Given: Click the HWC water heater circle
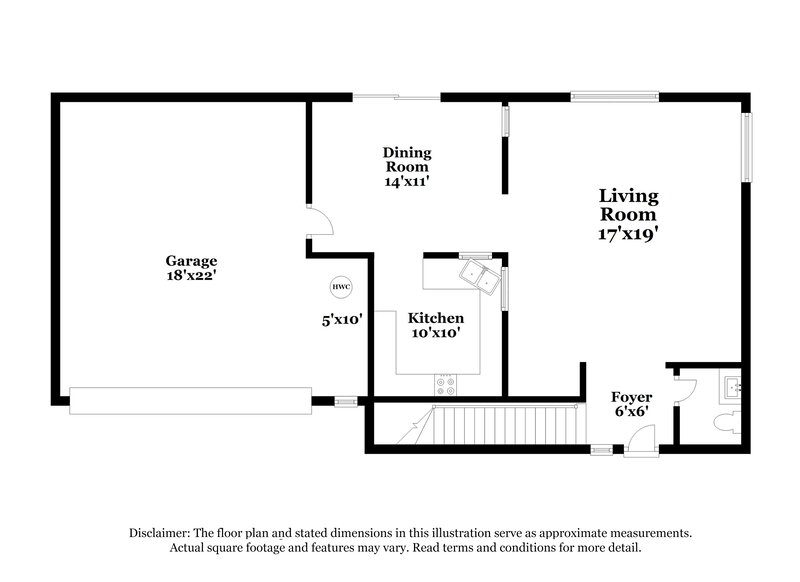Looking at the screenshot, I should [342, 286].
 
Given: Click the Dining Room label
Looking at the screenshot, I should [407, 160].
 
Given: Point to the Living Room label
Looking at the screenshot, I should [628, 205].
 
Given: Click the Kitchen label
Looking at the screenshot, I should [435, 318].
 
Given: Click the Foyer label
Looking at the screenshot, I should [631, 397].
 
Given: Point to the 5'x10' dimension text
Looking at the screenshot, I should [341, 320].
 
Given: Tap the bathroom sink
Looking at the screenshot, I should [732, 386].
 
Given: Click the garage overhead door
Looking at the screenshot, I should [190, 401].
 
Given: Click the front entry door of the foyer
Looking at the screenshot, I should [641, 441].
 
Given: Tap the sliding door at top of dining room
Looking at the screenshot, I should [397, 97].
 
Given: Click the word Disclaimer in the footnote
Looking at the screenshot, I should [160, 533].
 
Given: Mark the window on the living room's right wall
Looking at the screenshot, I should [746, 148].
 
